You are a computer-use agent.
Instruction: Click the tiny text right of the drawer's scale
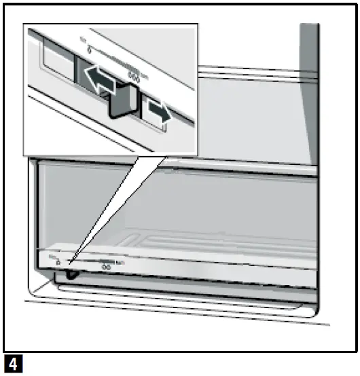[119, 261]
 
